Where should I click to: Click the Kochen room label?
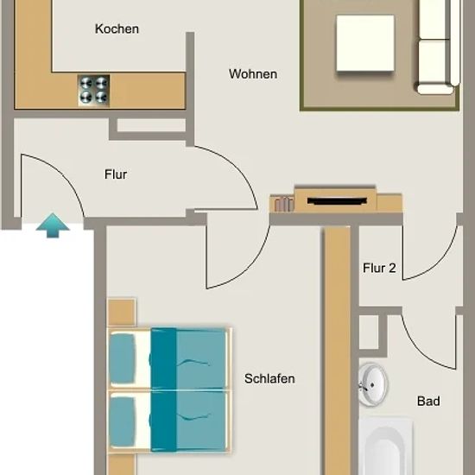pyautogui.click(x=117, y=29)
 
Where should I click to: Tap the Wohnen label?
pyautogui.click(x=253, y=74)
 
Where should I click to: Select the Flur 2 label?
pyautogui.click(x=379, y=268)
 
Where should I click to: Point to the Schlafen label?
pyautogui.click(x=269, y=378)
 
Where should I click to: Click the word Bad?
pyautogui.click(x=428, y=401)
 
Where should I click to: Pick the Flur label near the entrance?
pyautogui.click(x=116, y=174)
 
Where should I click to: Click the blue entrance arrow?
pyautogui.click(x=53, y=225)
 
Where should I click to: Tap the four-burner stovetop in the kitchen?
pyautogui.click(x=93, y=91)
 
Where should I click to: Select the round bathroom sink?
pyautogui.click(x=372, y=385)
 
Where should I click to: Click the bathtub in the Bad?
pyautogui.click(x=385, y=446)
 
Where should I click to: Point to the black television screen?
pyautogui.click(x=337, y=201)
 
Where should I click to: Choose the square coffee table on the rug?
pyautogui.click(x=365, y=43)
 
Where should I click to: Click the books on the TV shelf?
pyautogui.click(x=284, y=204)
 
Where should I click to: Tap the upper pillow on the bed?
pyautogui.click(x=123, y=358)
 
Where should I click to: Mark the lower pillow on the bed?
pyautogui.click(x=123, y=422)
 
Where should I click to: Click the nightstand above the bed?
pyautogui.click(x=122, y=313)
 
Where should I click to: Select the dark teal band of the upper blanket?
pyautogui.click(x=163, y=358)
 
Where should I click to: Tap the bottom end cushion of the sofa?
pyautogui.click(x=435, y=89)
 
